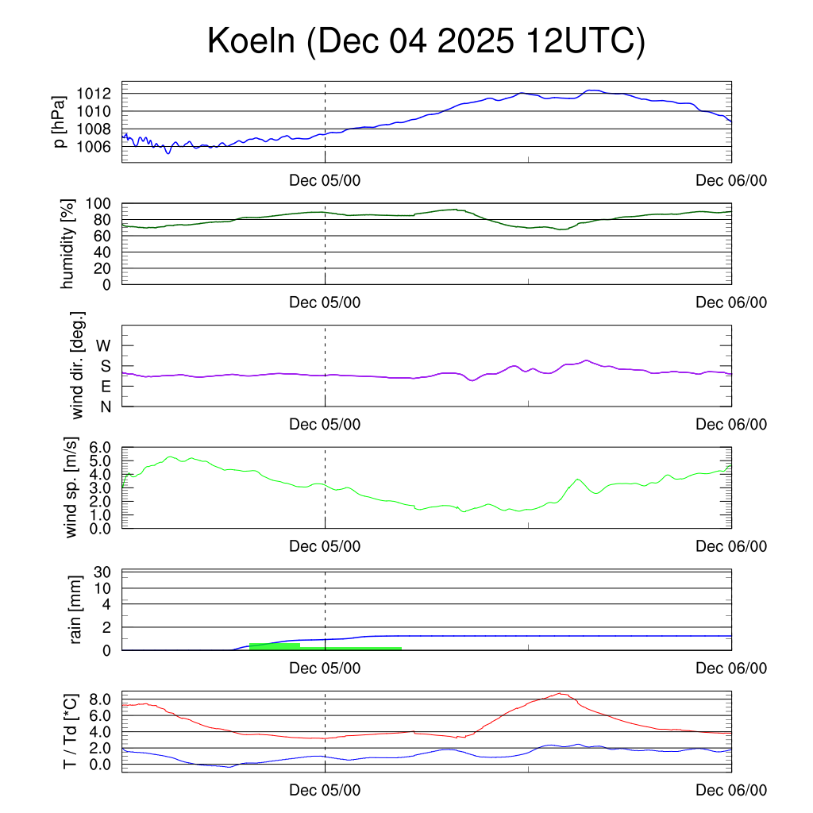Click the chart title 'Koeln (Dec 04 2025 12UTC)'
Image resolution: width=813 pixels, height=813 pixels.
426,41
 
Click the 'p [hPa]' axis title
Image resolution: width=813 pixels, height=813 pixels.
59,122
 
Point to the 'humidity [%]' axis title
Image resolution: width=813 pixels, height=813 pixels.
70,244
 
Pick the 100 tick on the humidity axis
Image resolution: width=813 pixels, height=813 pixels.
103,204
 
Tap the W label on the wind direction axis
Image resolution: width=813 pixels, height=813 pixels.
104,345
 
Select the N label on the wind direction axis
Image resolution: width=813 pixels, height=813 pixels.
106,406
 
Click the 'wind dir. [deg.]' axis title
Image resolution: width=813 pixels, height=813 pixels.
78,365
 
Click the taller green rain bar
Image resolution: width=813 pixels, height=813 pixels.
274,646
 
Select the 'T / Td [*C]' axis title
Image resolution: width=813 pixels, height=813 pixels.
70,731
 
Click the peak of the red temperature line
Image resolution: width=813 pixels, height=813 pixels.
561,693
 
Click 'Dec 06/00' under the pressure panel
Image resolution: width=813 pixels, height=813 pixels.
731,181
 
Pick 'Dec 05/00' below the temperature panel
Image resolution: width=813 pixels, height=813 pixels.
325,790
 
